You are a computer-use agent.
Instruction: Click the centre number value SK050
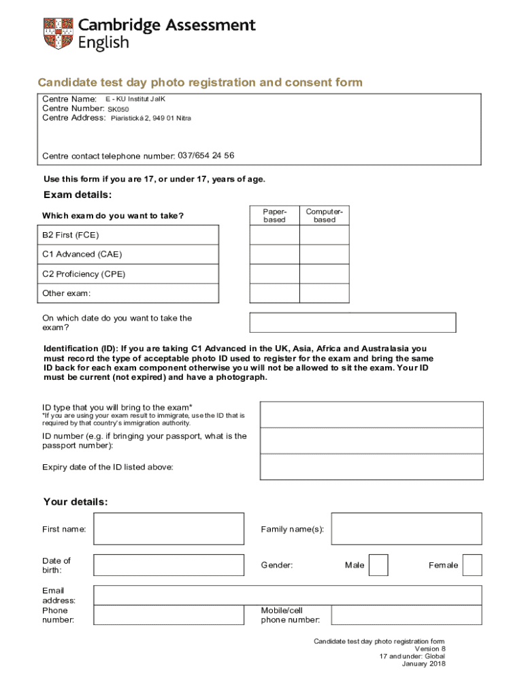pos(118,109)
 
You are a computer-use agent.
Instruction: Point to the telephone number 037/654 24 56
pos(206,155)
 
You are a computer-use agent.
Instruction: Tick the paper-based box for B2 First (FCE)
pos(274,235)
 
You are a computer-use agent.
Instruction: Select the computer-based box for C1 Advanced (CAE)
pos(325,254)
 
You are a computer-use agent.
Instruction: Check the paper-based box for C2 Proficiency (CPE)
pos(274,274)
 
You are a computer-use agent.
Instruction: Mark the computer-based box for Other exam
pos(325,293)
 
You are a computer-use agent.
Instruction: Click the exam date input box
pos(353,323)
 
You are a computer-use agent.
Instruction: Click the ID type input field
pos(372,415)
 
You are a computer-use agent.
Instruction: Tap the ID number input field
pos(372,440)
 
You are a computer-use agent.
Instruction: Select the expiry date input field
pos(372,467)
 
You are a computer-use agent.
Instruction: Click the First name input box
pos(168,529)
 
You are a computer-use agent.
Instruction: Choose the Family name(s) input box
pos(406,529)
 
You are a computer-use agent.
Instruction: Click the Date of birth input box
pos(168,565)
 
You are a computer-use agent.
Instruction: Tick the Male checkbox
pos(378,565)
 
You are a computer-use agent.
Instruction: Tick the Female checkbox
pos(472,565)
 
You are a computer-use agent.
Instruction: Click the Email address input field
pos(287,596)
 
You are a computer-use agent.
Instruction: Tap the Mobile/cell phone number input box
pos(406,615)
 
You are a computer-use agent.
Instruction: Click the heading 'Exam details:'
pos(78,195)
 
